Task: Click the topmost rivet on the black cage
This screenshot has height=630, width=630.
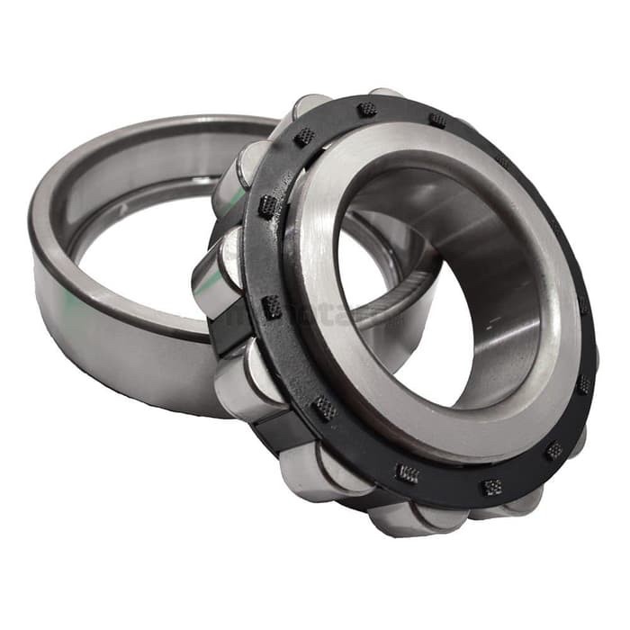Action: tap(367, 109)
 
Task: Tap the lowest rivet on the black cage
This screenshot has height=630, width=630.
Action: tap(491, 487)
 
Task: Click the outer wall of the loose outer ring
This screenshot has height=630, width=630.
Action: tap(108, 342)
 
